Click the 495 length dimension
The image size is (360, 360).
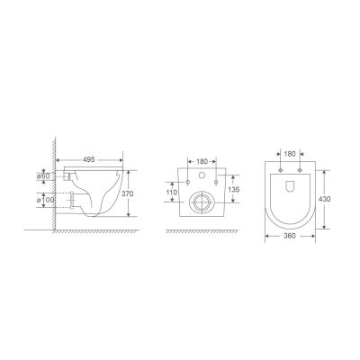coord(88,159)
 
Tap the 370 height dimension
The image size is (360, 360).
coord(128,193)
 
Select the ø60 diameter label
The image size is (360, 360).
coord(43,176)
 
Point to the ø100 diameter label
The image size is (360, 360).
coord(46,200)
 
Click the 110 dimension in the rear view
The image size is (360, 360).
coord(172,192)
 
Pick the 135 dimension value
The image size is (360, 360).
coord(234,190)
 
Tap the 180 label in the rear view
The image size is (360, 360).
coord(202,161)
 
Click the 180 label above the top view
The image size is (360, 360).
coord(290,154)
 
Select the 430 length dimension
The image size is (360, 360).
coord(325,199)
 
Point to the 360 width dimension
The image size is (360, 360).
coord(290,236)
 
